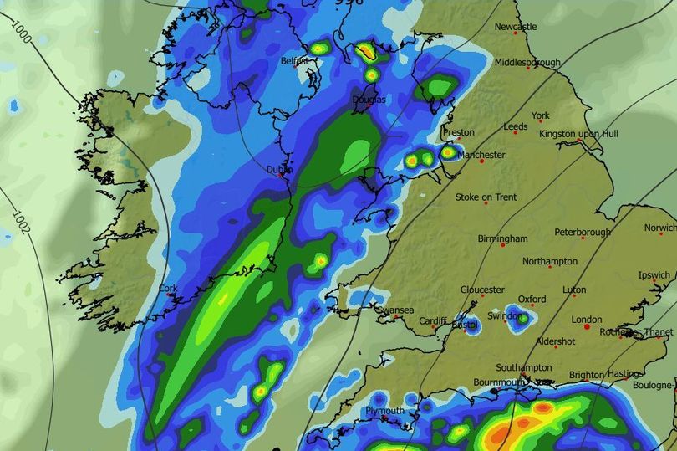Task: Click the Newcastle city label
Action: point(515,27)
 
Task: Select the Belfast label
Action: point(294,62)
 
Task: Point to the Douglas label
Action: point(368,100)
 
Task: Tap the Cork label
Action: point(167,290)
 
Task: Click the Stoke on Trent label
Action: point(486,197)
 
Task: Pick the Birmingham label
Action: point(502,238)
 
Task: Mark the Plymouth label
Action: point(384,411)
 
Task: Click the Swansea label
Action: point(395,310)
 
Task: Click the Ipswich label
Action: point(654,275)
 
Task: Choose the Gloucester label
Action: point(482,290)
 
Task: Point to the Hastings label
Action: point(625,374)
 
